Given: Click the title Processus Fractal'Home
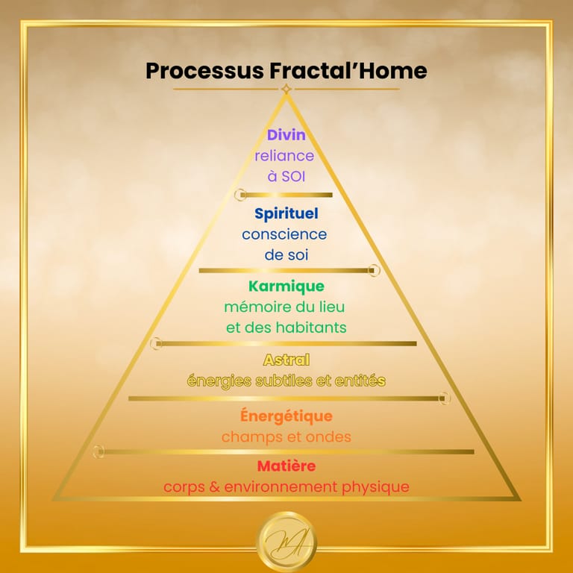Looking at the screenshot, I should pos(286,71).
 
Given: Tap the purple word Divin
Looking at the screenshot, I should pos(286,136).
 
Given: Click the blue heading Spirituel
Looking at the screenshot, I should pos(286,214).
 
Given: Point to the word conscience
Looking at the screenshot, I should pos(284,234).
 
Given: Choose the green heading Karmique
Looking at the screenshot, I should pos(286,286).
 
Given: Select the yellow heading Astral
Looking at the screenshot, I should pos(286,360).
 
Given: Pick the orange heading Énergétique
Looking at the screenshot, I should pos(286,416).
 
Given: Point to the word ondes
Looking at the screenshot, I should pos(329,437).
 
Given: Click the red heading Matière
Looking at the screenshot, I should pos(286,466).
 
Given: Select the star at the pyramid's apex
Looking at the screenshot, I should pos(286,90).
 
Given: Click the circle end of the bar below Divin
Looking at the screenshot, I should pos(239,195).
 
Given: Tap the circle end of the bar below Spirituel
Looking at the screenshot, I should pos(375,270).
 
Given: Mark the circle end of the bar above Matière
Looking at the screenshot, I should pos(98,451).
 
